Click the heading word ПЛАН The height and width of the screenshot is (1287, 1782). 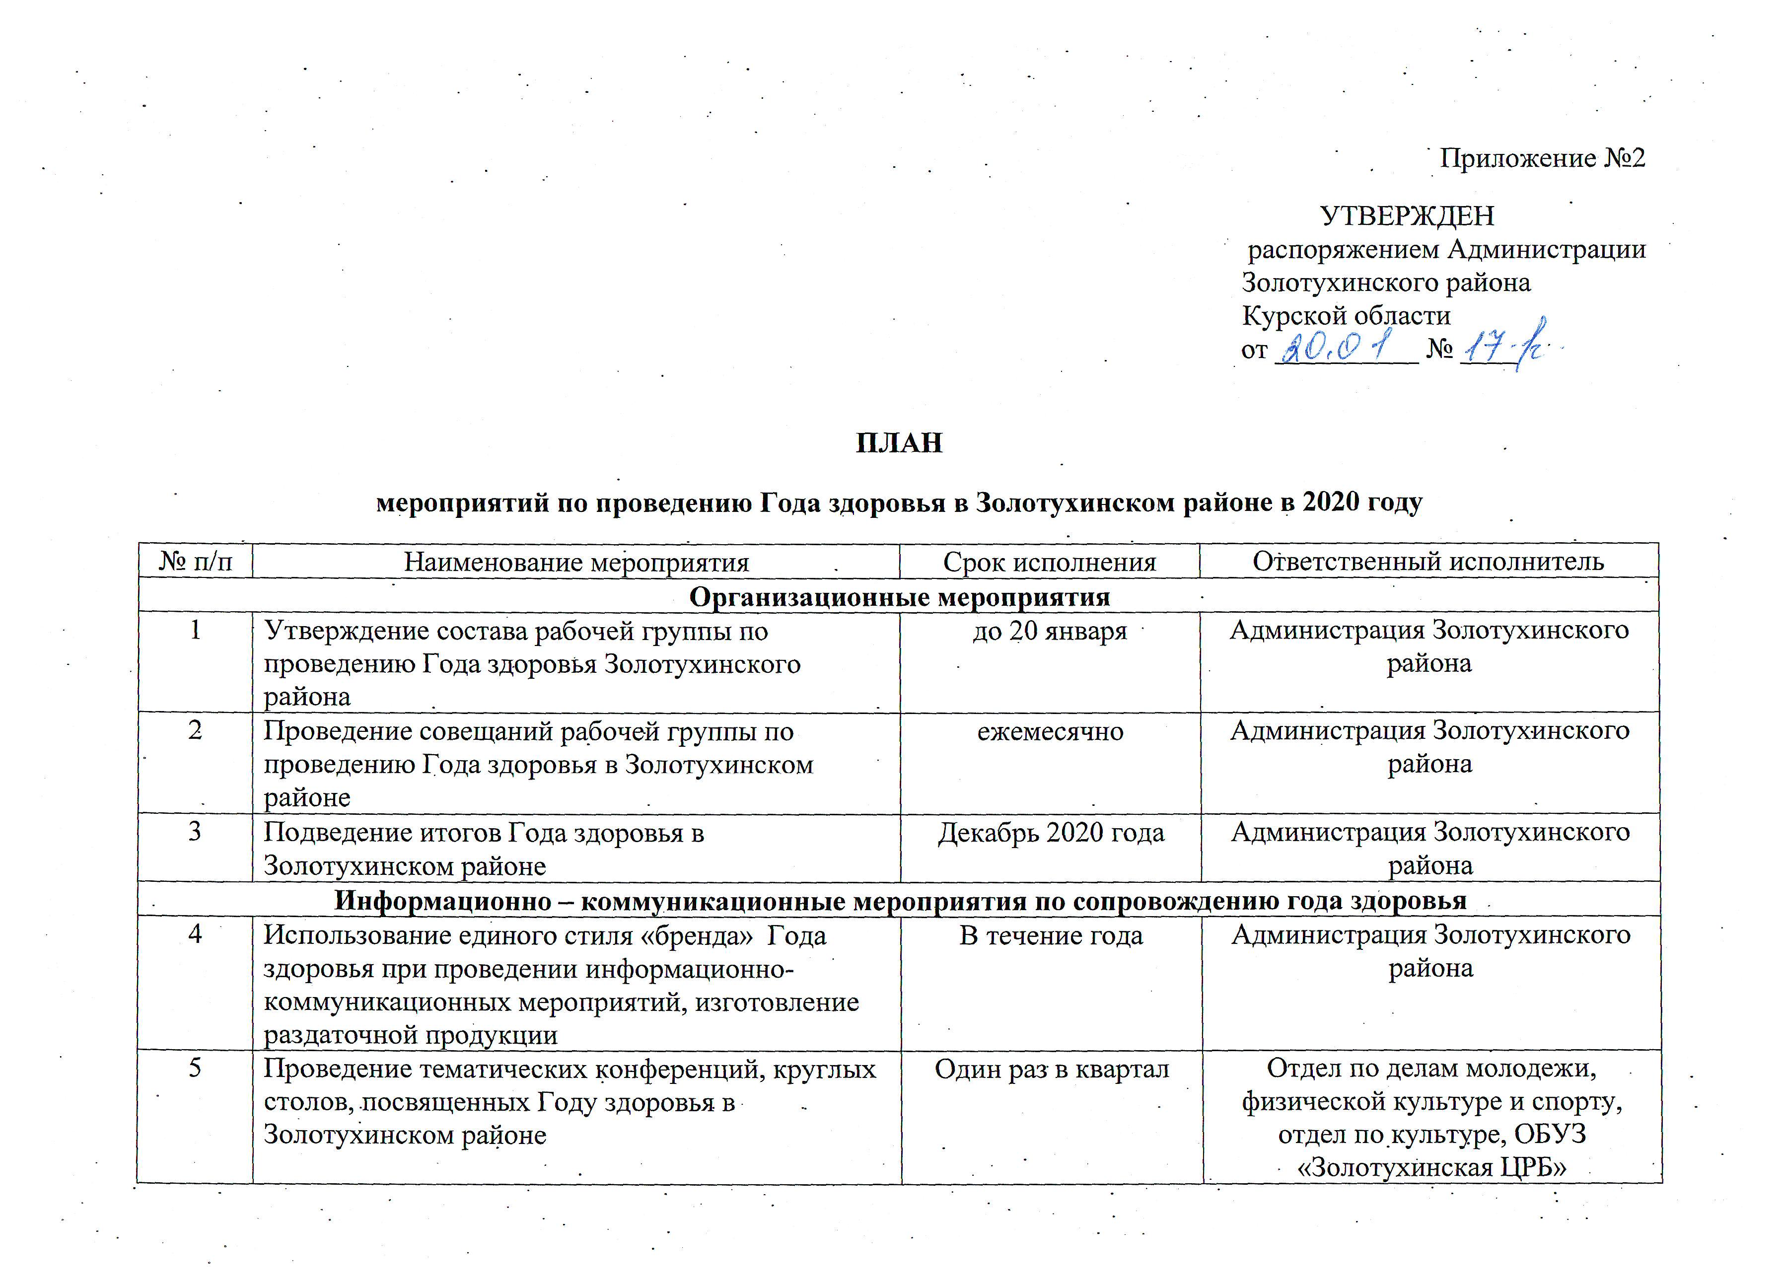click(x=898, y=443)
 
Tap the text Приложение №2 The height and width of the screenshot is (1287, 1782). click(x=1542, y=158)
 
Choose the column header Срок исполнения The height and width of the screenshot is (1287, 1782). click(x=1050, y=562)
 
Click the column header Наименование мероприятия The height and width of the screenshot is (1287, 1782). click(x=576, y=562)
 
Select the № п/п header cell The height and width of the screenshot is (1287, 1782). click(x=196, y=562)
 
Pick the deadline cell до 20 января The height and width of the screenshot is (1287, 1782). click(x=1050, y=631)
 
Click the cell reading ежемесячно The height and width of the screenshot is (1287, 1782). click(x=1050, y=731)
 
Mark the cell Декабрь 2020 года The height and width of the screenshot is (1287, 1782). click(x=1051, y=833)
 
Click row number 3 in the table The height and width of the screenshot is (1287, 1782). click(x=196, y=831)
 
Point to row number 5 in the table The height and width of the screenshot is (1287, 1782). click(x=196, y=1068)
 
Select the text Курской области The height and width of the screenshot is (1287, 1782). click(x=1346, y=316)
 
